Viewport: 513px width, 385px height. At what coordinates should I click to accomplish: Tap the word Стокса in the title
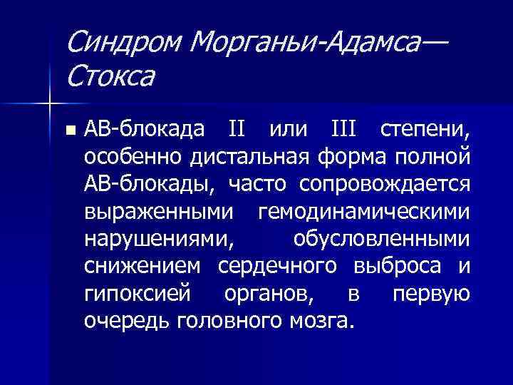click(x=111, y=76)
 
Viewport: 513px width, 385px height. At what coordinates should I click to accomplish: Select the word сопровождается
click(x=385, y=184)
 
